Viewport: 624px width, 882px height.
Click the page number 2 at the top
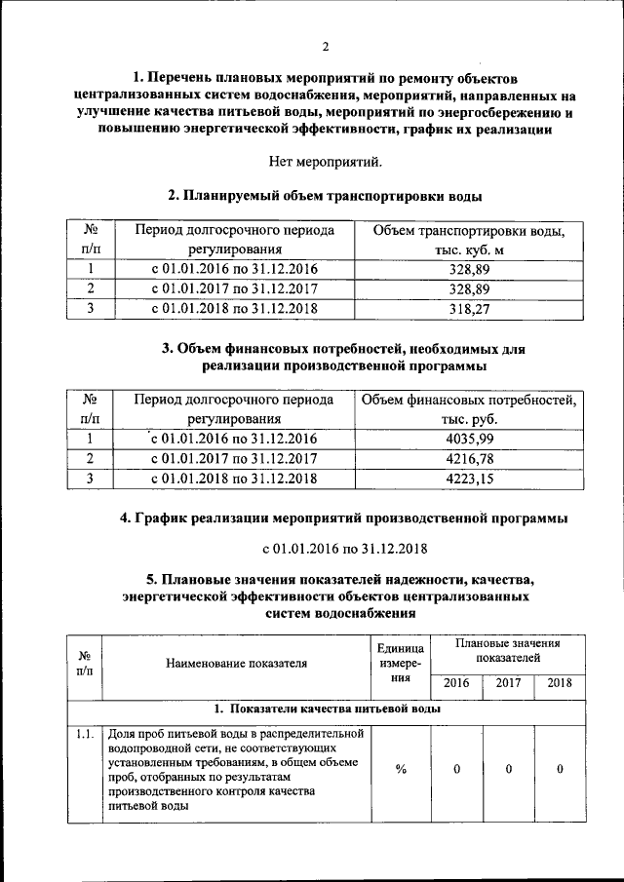(326, 46)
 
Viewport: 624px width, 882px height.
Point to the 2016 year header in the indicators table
(456, 683)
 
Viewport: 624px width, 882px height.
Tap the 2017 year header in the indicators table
(508, 683)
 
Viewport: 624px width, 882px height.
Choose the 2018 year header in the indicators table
(560, 683)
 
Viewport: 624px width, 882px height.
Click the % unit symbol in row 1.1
(401, 769)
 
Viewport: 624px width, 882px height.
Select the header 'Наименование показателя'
(237, 664)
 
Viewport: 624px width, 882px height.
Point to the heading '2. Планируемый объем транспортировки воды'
(326, 196)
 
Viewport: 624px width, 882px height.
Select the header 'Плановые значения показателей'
(508, 651)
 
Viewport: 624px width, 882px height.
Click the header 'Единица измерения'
(401, 664)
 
